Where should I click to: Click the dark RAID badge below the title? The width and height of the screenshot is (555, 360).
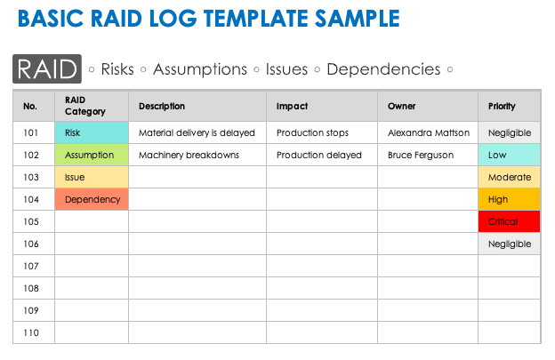(46, 68)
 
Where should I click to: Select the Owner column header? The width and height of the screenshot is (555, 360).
(402, 107)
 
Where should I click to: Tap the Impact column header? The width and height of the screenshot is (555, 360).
(292, 107)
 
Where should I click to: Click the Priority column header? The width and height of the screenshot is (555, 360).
(502, 107)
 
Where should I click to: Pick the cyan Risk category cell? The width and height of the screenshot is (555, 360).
(92, 133)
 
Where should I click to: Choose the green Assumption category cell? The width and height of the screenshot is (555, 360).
(92, 155)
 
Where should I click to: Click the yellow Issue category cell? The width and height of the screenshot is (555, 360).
(92, 177)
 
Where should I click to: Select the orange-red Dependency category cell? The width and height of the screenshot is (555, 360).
(92, 199)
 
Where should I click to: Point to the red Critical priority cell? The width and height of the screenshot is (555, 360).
(510, 221)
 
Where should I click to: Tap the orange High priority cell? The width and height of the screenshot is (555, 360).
(510, 199)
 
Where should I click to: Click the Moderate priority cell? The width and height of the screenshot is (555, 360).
(510, 177)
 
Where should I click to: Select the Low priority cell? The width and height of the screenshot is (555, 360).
(510, 155)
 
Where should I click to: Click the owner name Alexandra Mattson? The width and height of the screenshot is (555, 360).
(429, 133)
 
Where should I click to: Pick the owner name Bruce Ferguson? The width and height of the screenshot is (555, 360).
(421, 155)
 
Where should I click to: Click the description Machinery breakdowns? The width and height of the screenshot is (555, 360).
(189, 155)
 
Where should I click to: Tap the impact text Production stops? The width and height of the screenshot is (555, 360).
(312, 133)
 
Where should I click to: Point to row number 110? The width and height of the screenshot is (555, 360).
(31, 332)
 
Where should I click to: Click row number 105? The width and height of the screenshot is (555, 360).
(31, 221)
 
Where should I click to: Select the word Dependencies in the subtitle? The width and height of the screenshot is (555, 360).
(383, 69)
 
